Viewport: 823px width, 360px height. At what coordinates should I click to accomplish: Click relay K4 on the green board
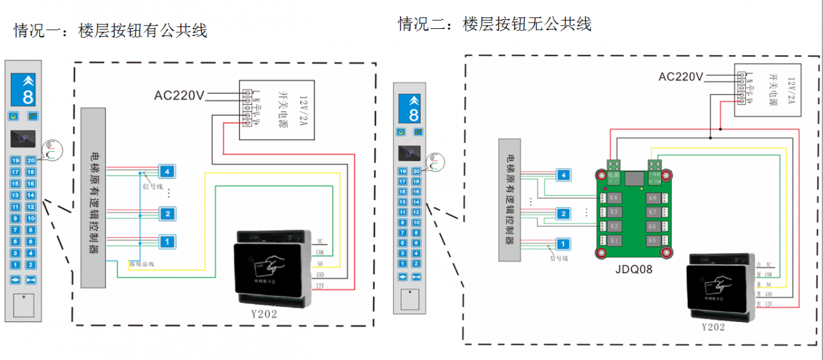coord(613,197)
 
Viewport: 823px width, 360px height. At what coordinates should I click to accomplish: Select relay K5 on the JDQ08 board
coord(652,240)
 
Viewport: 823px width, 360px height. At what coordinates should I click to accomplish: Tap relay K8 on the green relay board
coord(652,197)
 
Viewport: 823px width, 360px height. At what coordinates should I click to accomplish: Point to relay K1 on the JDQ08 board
coord(613,240)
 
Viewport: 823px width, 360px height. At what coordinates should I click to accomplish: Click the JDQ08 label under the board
coord(633,270)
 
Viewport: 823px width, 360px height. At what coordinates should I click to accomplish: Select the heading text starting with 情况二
coord(494,24)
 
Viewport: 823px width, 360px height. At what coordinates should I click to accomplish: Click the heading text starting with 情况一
coord(111,30)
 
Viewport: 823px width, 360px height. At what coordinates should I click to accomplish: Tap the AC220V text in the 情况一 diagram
coord(179,96)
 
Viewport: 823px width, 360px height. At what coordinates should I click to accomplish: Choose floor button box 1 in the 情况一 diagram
coord(166,242)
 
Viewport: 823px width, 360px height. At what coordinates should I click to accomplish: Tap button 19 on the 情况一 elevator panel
coord(15,160)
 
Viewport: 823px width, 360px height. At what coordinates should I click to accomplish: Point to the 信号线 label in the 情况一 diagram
coord(149,186)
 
